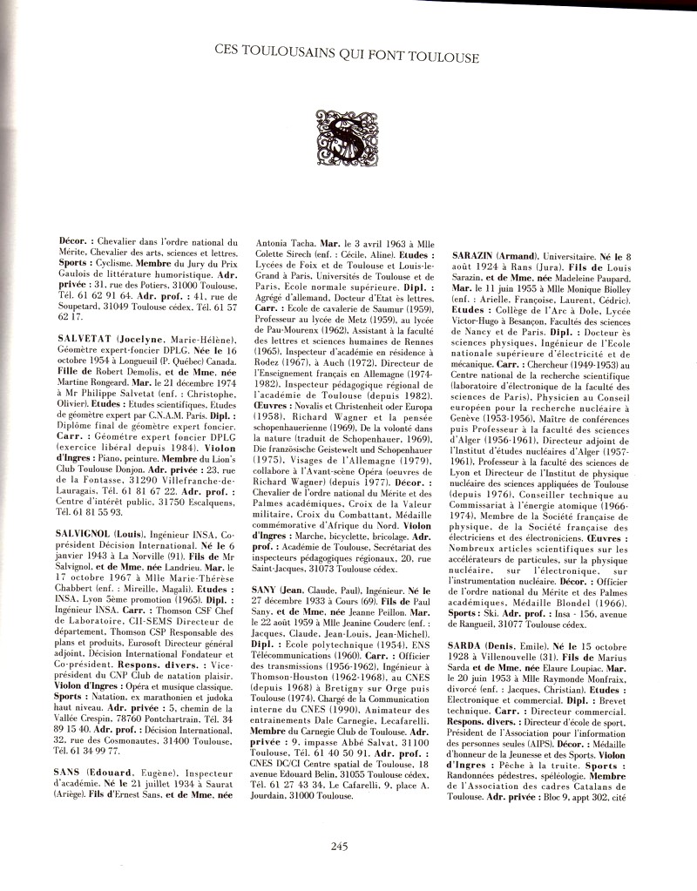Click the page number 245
[x=341, y=844]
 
